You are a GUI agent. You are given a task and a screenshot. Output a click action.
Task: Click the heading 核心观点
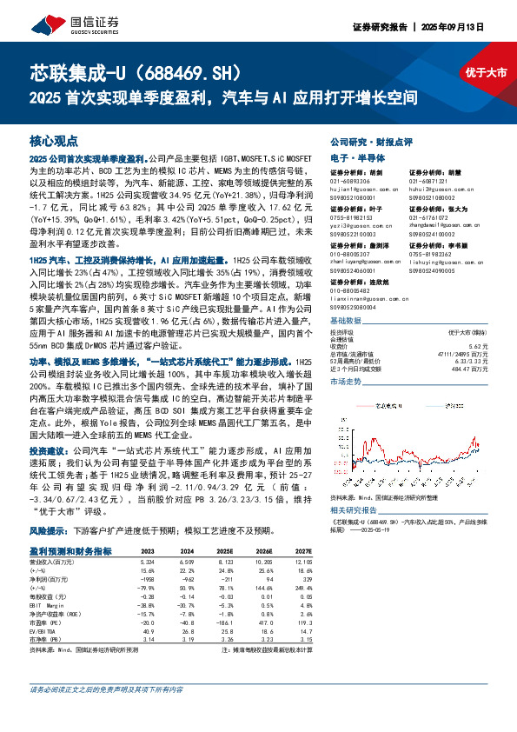tap(54, 140)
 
